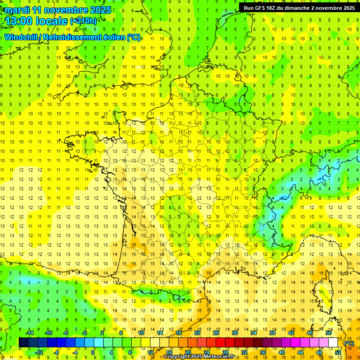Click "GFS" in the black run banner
tap(262, 8)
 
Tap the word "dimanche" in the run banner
tap(304, 8)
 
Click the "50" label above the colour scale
tap(329, 333)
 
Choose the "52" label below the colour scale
tap(338, 352)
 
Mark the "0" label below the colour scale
tap(93, 352)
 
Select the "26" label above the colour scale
tap(216, 333)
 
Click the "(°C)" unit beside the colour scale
tap(349, 343)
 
